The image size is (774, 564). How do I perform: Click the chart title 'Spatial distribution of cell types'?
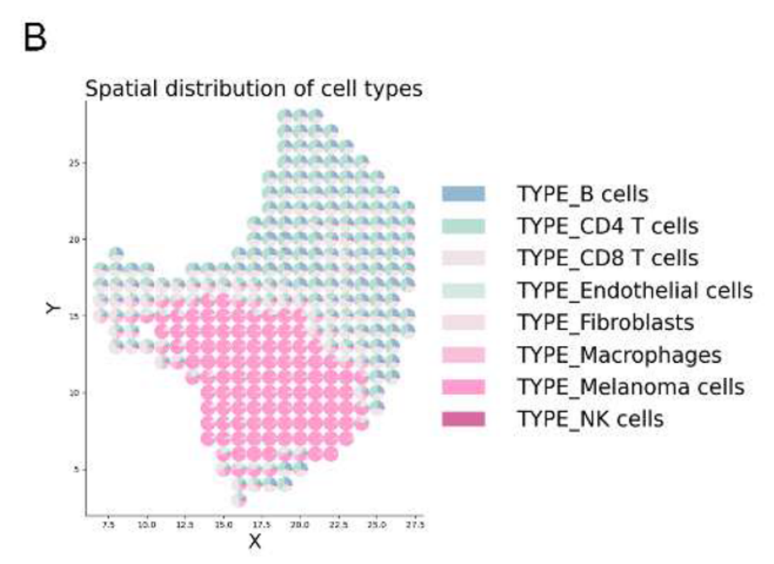click(254, 89)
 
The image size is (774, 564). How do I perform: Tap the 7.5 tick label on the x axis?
click(108, 524)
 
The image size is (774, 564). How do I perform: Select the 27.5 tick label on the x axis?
click(415, 524)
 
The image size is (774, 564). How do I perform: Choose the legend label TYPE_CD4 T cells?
click(607, 226)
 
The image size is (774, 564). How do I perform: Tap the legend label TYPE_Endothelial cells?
click(635, 290)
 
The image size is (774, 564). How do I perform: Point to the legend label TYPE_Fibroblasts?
click(606, 322)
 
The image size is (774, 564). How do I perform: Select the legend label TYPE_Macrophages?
click(619, 355)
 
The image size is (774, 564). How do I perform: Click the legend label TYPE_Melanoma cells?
click(631, 387)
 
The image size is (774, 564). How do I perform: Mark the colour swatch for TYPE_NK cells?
click(464, 419)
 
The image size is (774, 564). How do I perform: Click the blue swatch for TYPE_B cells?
click(464, 194)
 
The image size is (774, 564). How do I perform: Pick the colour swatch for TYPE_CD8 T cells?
click(464, 258)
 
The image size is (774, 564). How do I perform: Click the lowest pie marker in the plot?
click(239, 500)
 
